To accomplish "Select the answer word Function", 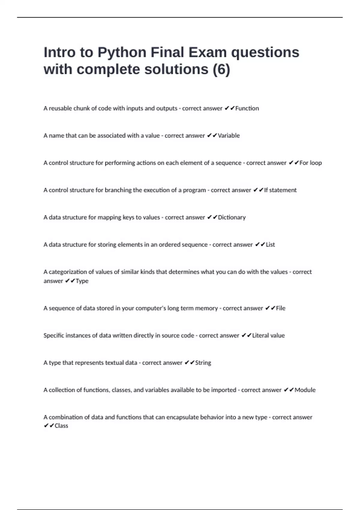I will click(x=247, y=108).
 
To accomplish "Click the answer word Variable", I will click(x=229, y=136).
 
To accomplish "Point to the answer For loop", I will click(x=310, y=163).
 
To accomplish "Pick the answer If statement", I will click(x=280, y=190).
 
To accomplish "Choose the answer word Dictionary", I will click(x=232, y=217).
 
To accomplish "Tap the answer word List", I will click(x=270, y=245).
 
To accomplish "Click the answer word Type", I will click(x=82, y=281).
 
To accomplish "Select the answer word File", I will click(x=280, y=308).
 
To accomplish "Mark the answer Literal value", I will click(x=268, y=336).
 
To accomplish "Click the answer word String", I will click(x=203, y=363).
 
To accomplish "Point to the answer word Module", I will click(x=305, y=390).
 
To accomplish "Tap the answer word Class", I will click(x=61, y=426).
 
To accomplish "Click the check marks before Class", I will click(x=49, y=426).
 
